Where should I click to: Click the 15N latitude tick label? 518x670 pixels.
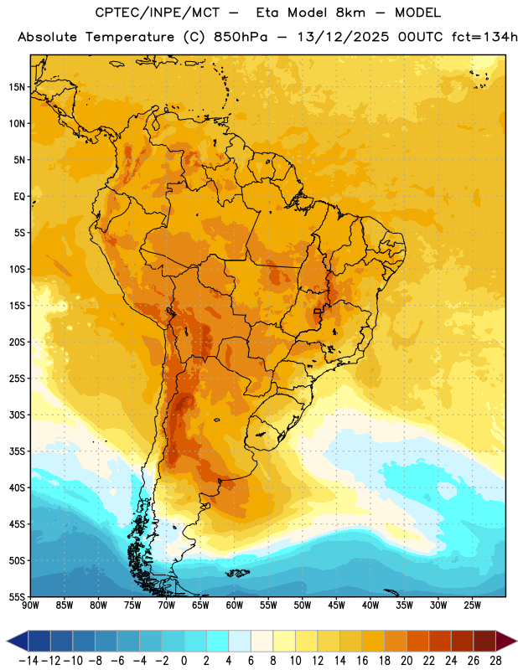coord(17,87)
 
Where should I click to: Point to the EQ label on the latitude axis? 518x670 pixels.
coord(19,197)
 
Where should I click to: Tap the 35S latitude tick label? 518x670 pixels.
coord(17,451)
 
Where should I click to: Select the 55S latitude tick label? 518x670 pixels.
coord(17,597)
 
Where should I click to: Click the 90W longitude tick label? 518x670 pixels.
coord(30,606)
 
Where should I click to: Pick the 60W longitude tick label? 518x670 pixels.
coord(235,606)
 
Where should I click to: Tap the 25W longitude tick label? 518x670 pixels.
coord(472,606)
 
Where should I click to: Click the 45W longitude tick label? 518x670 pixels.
coord(336,606)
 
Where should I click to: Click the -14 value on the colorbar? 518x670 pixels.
coord(28,661)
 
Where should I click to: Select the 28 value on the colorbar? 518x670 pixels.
coord(496,661)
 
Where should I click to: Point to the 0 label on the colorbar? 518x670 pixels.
coord(184,661)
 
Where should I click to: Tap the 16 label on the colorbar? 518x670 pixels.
coord(362,661)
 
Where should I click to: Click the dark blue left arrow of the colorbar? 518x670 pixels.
coord(18,641)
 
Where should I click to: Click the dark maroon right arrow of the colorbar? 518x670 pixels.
coord(506,641)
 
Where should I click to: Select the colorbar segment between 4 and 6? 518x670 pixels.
coord(240,641)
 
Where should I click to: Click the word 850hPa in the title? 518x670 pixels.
coord(241,37)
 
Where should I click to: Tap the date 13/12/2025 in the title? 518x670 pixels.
coord(343,37)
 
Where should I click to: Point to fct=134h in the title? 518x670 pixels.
coord(484,37)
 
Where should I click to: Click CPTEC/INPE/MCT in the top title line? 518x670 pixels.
coord(158,13)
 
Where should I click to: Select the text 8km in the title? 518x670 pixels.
coord(350,13)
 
